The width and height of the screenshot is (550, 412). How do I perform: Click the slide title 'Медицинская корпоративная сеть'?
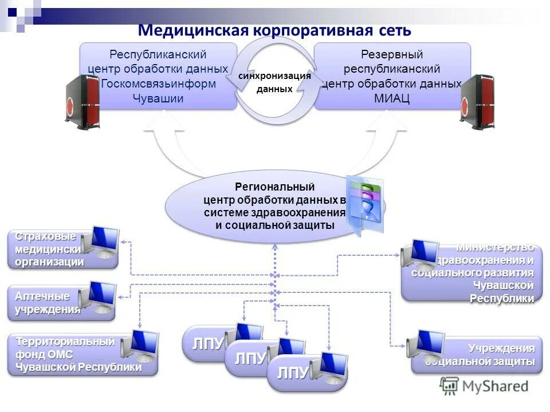point(275,30)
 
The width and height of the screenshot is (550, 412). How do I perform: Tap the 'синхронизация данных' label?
point(275,82)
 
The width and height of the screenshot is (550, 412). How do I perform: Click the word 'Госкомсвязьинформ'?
point(158,84)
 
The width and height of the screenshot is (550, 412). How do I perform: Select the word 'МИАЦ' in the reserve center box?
point(392,98)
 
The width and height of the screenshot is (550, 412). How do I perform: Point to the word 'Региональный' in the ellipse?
point(275,187)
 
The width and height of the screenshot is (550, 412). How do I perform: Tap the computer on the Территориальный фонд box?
point(138,346)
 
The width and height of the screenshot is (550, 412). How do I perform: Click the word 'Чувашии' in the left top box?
point(158,98)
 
